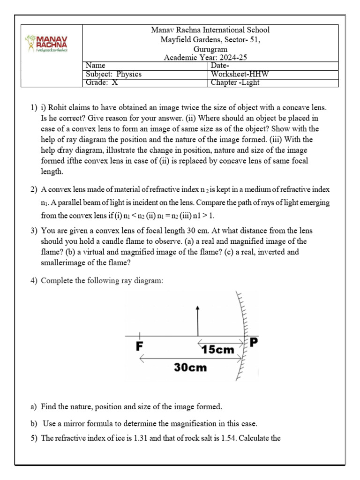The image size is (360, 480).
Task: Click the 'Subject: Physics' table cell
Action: click(x=114, y=74)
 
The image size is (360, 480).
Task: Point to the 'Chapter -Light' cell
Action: click(x=235, y=82)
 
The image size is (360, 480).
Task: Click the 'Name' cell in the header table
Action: click(x=96, y=66)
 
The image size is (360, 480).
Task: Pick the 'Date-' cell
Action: click(x=220, y=66)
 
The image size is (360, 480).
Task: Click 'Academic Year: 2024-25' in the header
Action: click(x=205, y=58)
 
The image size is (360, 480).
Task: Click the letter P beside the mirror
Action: click(x=254, y=343)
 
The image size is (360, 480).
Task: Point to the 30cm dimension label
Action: click(x=190, y=367)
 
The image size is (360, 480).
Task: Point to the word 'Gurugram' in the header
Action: click(x=210, y=49)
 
